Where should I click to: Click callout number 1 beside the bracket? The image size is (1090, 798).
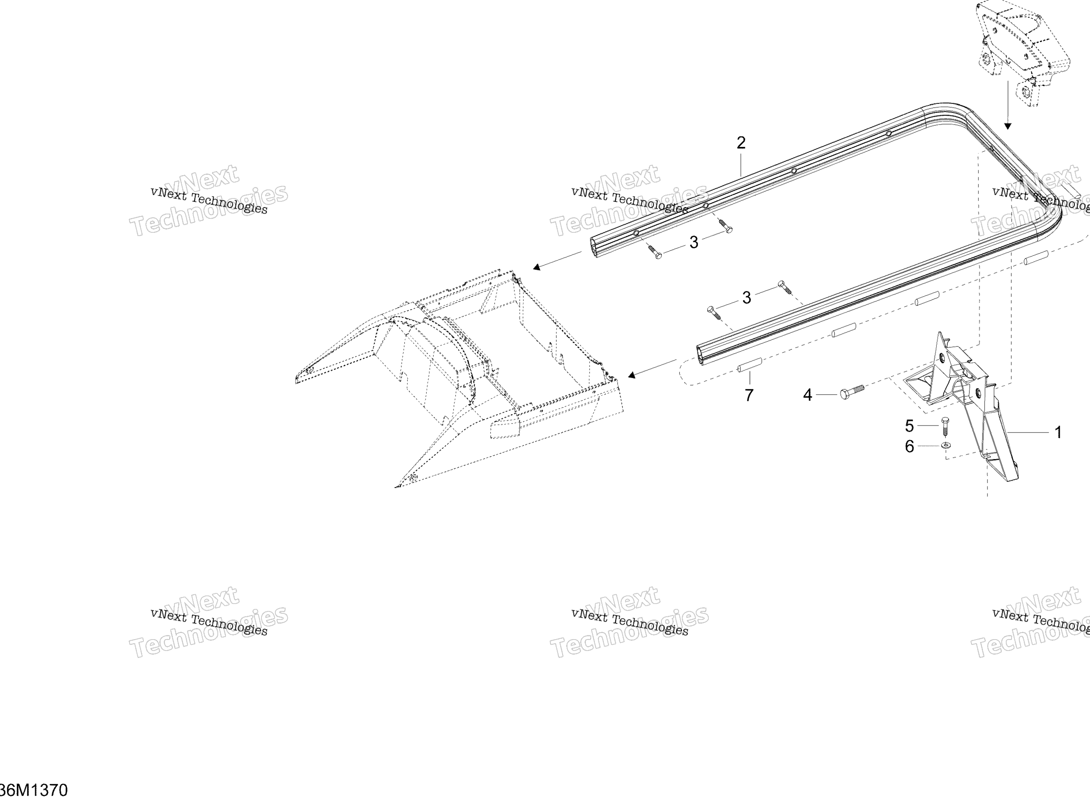[1058, 432]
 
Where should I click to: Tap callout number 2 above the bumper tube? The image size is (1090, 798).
[741, 143]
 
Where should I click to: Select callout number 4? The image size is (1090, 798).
[807, 395]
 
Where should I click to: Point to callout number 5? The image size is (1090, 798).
[909, 426]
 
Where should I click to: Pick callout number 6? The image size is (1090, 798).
[909, 447]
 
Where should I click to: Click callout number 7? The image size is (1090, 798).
[749, 396]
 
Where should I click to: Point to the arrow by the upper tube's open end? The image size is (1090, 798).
[558, 261]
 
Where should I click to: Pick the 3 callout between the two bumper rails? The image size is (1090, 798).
[746, 298]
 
